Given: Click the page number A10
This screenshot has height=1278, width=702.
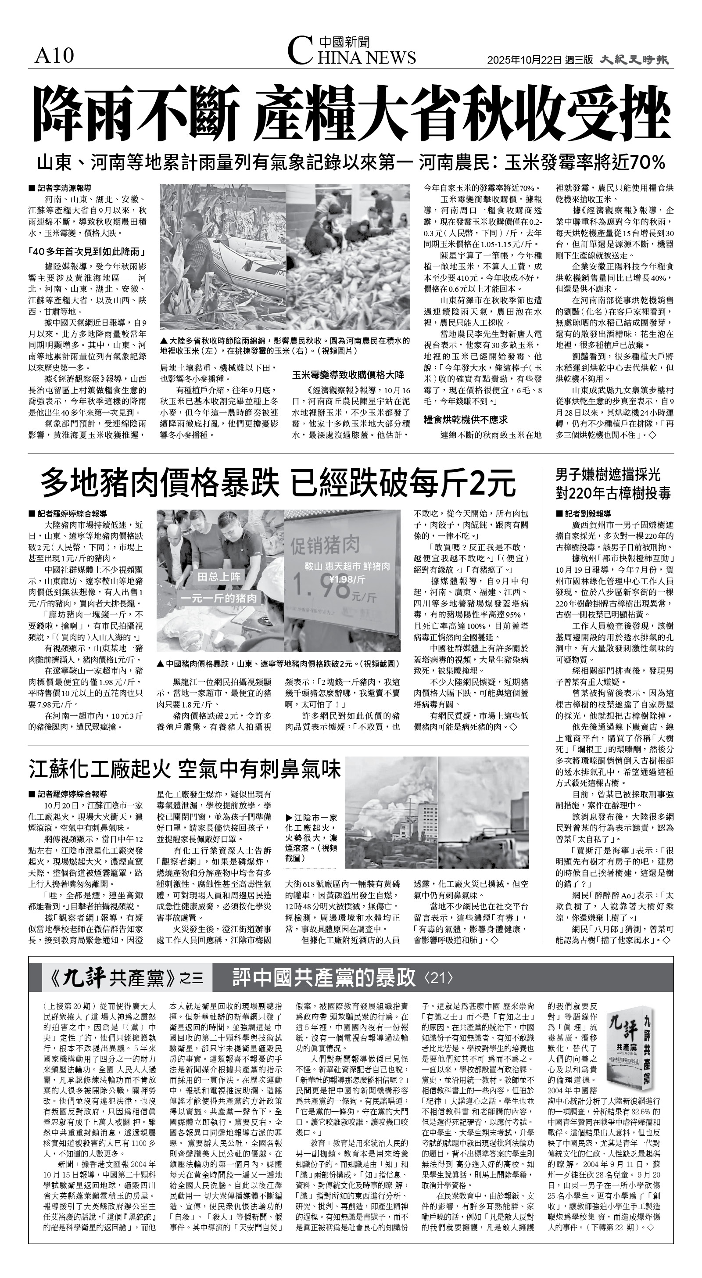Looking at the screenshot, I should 54,56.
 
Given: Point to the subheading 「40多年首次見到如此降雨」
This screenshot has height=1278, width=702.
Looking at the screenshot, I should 86,251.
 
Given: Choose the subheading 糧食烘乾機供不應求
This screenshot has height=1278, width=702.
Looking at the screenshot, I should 465,420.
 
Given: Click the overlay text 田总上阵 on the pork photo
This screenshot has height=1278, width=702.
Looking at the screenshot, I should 219,577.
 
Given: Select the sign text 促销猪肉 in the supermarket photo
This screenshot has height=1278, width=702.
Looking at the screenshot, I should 325,546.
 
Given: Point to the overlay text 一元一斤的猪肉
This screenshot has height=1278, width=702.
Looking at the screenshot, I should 219,598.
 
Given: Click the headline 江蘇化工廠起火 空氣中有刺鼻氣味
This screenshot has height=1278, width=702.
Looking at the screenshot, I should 185,769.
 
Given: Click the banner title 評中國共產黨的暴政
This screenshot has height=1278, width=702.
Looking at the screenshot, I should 323,977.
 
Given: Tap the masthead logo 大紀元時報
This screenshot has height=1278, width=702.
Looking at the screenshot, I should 634,60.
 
